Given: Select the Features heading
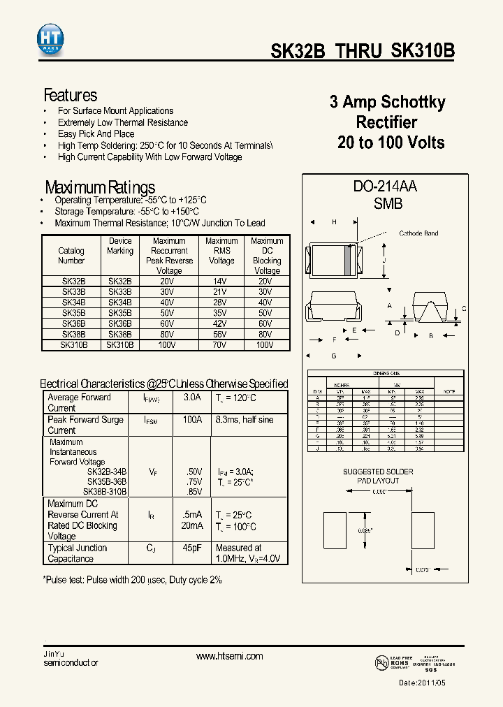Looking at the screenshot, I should pos(71,95).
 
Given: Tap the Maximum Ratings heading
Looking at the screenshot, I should pos(100,187).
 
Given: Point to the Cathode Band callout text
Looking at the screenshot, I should pos(418,233).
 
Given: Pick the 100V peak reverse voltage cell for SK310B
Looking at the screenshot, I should pos(169,344).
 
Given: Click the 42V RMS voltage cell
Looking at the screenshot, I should pos(221,323).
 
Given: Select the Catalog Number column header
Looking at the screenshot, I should pos(71,256).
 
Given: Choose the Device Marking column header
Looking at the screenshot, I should pos(120,246).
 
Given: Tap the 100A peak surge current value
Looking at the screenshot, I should pos(192,420).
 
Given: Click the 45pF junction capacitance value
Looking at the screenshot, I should pos(192,548).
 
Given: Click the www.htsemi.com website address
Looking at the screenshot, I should pos(229,656).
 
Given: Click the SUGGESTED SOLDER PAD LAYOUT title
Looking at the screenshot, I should pos(378,476).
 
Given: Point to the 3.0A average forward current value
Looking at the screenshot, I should pos(192,398).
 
